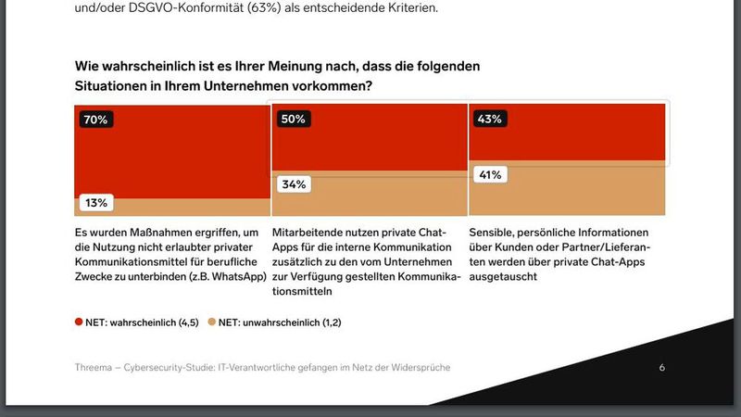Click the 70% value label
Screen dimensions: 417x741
click(95, 120)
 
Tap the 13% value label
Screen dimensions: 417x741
click(95, 202)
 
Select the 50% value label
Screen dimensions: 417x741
click(293, 120)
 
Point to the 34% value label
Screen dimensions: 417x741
click(293, 183)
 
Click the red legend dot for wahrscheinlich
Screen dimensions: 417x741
click(79, 322)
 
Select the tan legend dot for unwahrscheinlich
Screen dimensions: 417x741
click(212, 322)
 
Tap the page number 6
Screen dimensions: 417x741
click(661, 368)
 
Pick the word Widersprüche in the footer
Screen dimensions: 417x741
click(419, 368)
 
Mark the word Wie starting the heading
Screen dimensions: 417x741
click(87, 67)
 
